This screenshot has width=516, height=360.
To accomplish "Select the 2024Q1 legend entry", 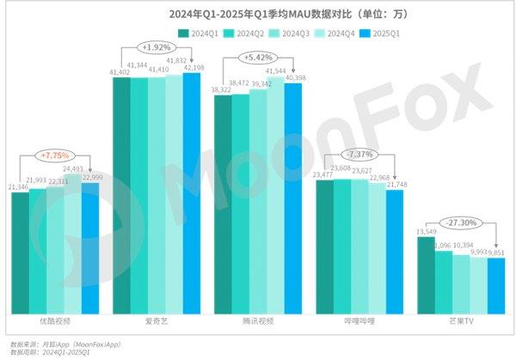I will [199, 33].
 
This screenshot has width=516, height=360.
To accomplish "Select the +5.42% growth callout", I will [258, 58].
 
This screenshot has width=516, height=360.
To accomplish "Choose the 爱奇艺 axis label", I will [156, 320].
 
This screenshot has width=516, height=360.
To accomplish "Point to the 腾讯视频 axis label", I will [257, 320].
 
